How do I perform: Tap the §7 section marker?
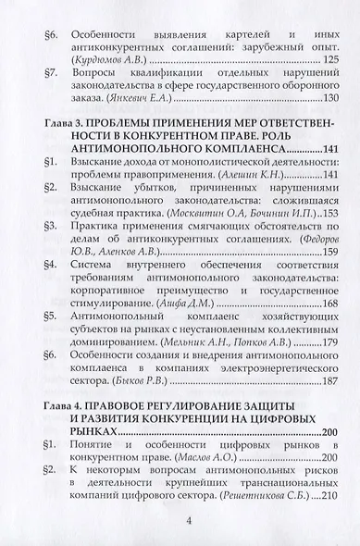52,75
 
